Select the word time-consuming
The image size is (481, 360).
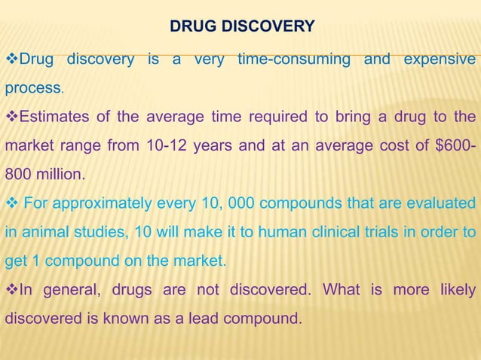point(293,59)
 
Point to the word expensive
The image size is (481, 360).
point(440,59)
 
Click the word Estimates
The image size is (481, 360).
point(51,117)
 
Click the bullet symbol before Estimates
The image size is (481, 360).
point(11,117)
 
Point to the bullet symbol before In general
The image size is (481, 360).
point(11,289)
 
